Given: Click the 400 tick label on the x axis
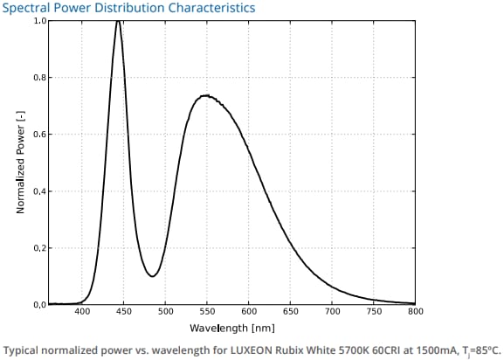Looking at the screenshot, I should pos(82,313).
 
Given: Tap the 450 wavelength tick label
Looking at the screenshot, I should pos(124,313).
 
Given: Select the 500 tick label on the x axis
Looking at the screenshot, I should pos(165,313).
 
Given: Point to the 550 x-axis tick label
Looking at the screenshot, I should pos(207,313).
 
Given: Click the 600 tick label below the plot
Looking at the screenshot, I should pos(249,313).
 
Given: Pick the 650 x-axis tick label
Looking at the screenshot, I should pos(291,313).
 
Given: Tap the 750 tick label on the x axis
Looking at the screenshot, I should pos(374,313).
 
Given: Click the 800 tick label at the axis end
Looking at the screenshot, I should pos(415,313).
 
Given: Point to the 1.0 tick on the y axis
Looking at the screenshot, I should pos(39,21).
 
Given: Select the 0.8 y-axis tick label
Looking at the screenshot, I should pos(39,78).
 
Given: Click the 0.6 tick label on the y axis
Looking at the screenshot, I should pos(39,135).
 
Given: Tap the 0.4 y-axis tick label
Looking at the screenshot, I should pos(39,191).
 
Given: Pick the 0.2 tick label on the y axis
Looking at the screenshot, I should pos(39,248).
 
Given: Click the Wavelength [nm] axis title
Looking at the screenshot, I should pos(231,328).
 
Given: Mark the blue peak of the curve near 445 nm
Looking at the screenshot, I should pos(118,22).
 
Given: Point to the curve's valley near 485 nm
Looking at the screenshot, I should pos(152,276).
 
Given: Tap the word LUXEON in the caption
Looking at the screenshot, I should pos(262,348).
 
